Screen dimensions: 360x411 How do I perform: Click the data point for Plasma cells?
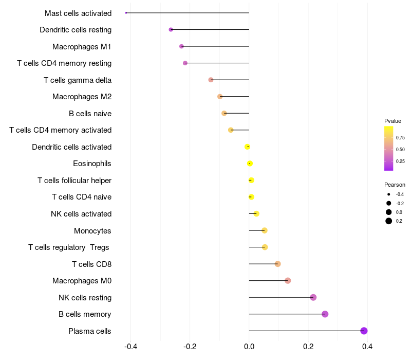pos(364,331)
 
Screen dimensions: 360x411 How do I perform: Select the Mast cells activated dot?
pos(126,13)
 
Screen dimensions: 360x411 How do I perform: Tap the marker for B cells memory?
pos(325,314)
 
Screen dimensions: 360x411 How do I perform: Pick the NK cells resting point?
pos(313,297)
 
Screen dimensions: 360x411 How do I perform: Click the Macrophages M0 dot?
pos(288,281)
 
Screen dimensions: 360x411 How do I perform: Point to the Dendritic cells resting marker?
pos(171,30)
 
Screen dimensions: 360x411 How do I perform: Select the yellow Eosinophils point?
pos(250,164)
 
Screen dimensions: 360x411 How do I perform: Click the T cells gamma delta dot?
pos(211,80)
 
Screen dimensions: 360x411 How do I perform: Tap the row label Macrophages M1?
pos(82,47)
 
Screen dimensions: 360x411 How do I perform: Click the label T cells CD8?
pos(91,264)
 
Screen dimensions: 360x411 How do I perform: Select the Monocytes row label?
pos(92,231)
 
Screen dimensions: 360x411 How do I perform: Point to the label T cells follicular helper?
pos(74,181)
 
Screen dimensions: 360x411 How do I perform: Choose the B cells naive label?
pos(90,114)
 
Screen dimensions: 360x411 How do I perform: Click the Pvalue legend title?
pos(393,121)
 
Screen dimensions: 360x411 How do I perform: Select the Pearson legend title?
pos(395,185)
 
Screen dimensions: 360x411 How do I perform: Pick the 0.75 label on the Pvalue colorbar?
pos(400,138)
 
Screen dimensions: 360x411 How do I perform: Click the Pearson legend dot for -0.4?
pos(389,194)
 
